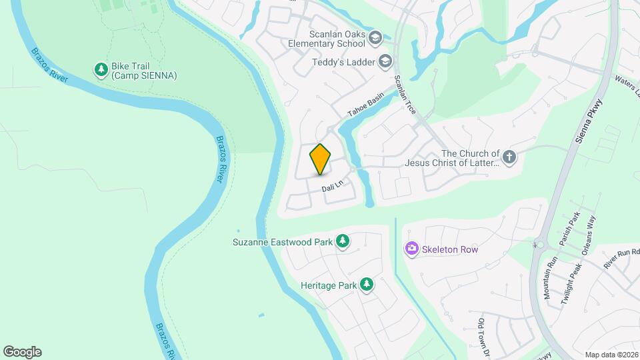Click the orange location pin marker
click(x=321, y=159)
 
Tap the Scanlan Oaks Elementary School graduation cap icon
click(x=375, y=37)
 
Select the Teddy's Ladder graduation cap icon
click(x=385, y=62)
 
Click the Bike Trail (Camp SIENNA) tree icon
click(x=101, y=69)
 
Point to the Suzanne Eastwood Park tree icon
click(x=343, y=241)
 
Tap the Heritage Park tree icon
click(x=367, y=285)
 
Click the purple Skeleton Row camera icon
click(x=411, y=249)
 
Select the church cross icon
click(x=509, y=157)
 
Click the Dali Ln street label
click(x=331, y=188)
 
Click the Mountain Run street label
click(x=551, y=280)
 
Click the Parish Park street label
click(x=569, y=229)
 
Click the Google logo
click(x=22, y=352)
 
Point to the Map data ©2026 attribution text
click(x=611, y=355)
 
